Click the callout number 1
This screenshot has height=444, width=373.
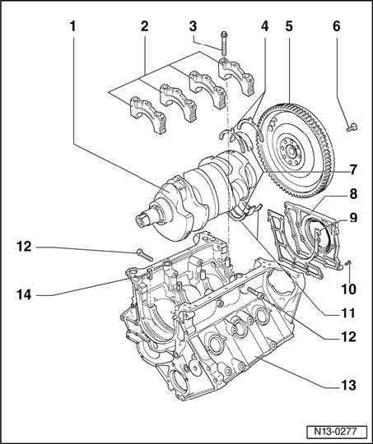point(73,26)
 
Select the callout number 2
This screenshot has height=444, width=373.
point(145,26)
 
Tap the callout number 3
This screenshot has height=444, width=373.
point(193,26)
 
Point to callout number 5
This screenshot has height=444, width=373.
point(289,26)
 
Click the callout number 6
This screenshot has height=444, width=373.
point(337,26)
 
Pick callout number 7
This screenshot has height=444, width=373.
point(353,170)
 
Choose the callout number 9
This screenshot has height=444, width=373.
point(353,218)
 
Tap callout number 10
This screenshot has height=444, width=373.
point(348,289)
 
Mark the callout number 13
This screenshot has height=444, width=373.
point(348,385)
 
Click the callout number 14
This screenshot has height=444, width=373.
point(24,295)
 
